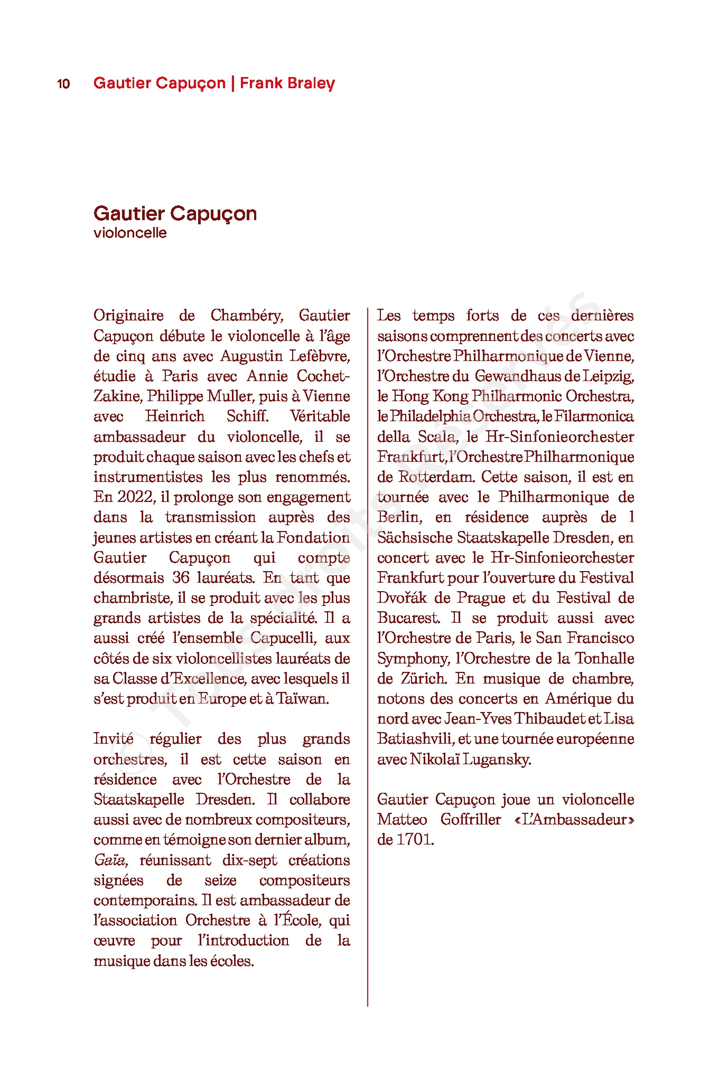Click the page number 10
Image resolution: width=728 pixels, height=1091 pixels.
point(63,84)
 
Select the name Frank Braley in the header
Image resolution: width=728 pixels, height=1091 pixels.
point(287,83)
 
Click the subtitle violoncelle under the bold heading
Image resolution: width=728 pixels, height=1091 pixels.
point(130,233)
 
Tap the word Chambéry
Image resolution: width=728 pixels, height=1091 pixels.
point(247,316)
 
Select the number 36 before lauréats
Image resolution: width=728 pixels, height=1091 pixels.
point(181,578)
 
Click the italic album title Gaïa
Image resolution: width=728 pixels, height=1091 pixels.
point(110,860)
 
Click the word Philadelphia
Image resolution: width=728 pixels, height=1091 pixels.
point(430,416)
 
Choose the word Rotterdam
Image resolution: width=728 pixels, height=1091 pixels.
point(436,477)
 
